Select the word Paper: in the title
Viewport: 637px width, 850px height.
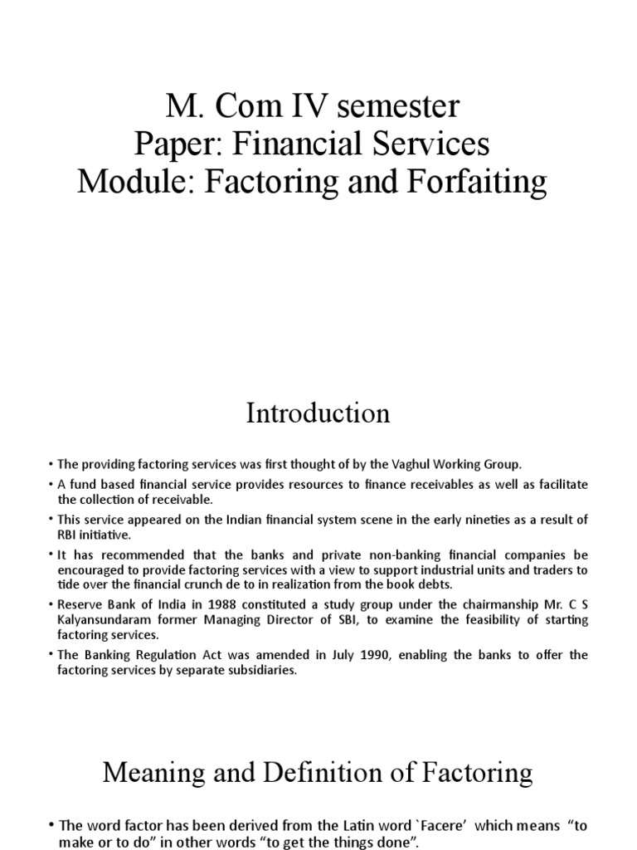coord(176,144)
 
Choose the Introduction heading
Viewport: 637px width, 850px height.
coord(318,413)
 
